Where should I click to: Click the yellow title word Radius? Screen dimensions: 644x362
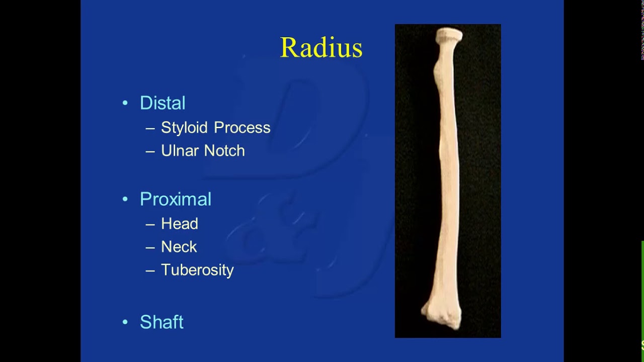(x=321, y=47)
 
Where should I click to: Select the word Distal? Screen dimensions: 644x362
(x=163, y=103)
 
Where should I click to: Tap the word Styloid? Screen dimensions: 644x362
(x=184, y=128)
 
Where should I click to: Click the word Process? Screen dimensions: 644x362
(x=242, y=128)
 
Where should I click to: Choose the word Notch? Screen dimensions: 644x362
(x=224, y=150)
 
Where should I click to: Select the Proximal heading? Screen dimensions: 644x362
(x=176, y=199)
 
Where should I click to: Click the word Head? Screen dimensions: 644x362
(x=180, y=224)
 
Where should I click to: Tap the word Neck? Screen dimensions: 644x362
(x=179, y=247)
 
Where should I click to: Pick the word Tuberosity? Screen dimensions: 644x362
(x=198, y=270)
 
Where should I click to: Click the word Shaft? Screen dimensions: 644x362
(x=162, y=322)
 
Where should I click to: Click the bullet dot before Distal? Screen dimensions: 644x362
(x=125, y=103)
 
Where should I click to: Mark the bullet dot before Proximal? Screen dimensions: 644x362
(x=125, y=199)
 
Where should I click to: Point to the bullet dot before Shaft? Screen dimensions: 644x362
(x=125, y=322)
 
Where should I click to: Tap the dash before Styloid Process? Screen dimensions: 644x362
(x=150, y=128)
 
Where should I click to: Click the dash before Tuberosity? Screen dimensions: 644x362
(x=150, y=270)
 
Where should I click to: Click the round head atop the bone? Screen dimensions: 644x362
(x=449, y=35)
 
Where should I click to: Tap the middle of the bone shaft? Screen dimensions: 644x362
(x=449, y=178)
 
